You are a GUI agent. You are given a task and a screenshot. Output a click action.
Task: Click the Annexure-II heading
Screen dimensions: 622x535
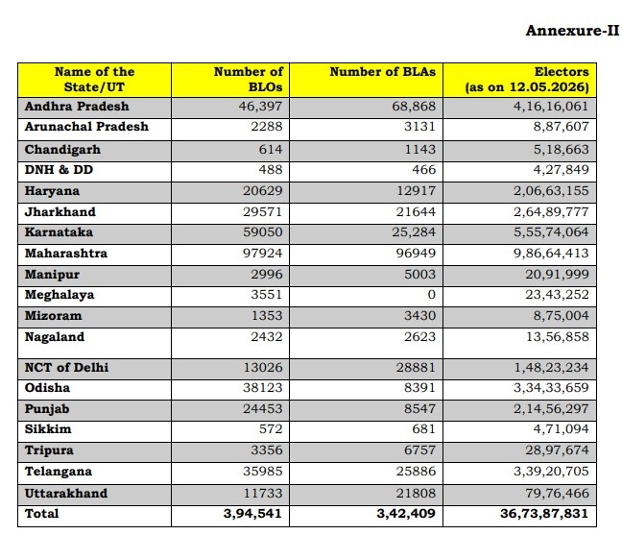[572, 31]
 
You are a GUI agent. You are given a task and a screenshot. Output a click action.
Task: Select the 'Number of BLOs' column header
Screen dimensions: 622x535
[249, 80]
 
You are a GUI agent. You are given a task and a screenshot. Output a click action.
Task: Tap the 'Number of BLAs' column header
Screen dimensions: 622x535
[382, 72]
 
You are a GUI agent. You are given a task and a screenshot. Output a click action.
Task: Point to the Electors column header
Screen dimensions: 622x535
[527, 80]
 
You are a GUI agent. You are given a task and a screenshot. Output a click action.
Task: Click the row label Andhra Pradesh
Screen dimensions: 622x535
[77, 107]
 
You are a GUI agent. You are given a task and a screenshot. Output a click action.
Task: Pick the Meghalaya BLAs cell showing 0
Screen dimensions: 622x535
[432, 295]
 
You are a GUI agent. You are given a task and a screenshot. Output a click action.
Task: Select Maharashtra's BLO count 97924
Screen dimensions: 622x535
[263, 254]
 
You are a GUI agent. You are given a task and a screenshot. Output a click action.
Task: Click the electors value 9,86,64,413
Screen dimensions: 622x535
[551, 254]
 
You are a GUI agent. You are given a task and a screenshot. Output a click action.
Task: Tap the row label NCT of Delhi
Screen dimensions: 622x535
[66, 368]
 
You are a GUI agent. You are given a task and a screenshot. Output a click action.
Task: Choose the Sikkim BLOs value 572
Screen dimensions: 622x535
[270, 429]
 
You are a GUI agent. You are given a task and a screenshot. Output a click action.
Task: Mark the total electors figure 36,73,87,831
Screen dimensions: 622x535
[544, 514]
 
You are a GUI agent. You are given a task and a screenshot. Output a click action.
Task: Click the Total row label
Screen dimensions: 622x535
[41, 514]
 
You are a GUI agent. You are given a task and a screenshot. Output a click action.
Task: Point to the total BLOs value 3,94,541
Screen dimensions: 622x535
[252, 514]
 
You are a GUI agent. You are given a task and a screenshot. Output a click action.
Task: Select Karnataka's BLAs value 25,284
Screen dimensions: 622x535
[414, 232]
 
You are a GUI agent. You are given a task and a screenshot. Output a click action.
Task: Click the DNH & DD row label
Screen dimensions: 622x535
[59, 170]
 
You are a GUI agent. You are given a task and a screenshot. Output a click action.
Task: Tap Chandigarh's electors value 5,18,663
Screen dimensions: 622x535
[561, 150]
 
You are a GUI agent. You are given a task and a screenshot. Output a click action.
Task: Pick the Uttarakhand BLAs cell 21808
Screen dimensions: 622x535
[416, 494]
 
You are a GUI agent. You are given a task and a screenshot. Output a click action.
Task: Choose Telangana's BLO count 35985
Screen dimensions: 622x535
[263, 472]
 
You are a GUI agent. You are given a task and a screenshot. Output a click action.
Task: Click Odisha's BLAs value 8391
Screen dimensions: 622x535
[419, 388]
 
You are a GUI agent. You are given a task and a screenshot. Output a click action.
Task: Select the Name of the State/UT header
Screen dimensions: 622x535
[94, 80]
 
